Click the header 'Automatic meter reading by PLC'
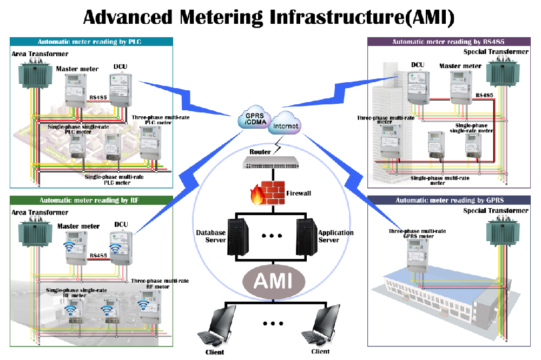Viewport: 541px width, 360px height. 91,42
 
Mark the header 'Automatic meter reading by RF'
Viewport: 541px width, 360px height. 91,199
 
